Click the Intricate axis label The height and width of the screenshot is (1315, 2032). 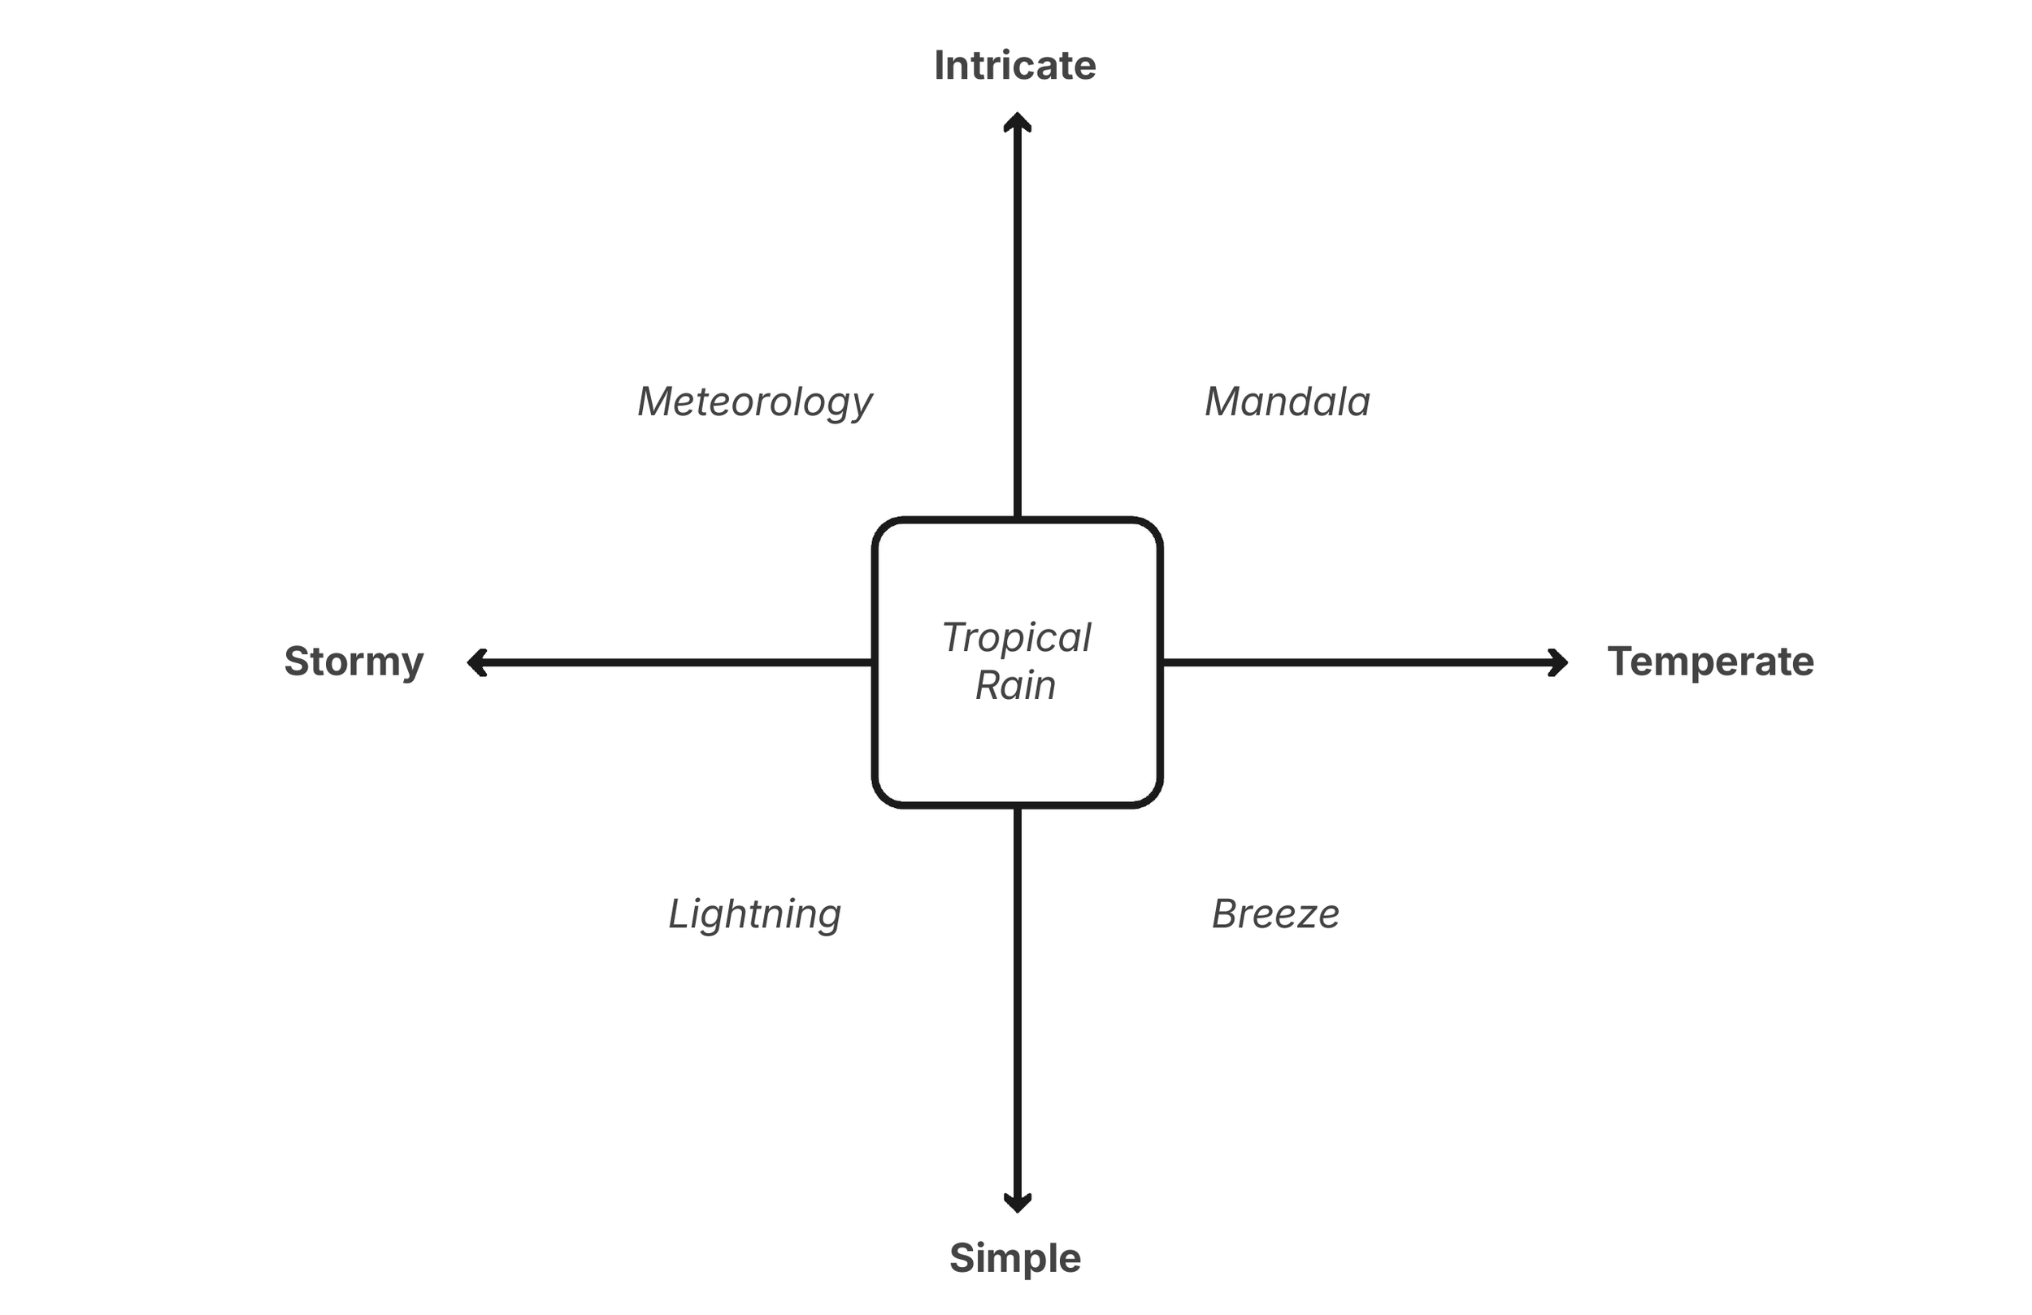pyautogui.click(x=1014, y=66)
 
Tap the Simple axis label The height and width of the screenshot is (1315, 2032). pyautogui.click(x=1015, y=1258)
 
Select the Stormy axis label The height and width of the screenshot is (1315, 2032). pyautogui.click(x=354, y=662)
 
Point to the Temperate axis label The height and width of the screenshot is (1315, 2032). pyautogui.click(x=1710, y=662)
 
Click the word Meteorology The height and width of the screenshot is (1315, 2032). pyautogui.click(x=755, y=401)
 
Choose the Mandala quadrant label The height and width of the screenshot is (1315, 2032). pyautogui.click(x=1287, y=401)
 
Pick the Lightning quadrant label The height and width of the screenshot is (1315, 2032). pyautogui.click(x=755, y=914)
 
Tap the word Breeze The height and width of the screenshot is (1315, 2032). pyautogui.click(x=1275, y=914)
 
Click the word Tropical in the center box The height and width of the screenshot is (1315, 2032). pyautogui.click(x=1016, y=637)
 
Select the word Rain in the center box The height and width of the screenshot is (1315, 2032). pyautogui.click(x=1015, y=685)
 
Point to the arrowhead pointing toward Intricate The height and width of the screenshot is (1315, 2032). pyautogui.click(x=1017, y=122)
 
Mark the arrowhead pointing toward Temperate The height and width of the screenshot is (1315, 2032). pyautogui.click(x=1558, y=662)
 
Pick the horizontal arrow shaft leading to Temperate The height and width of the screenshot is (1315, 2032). pyautogui.click(x=1357, y=662)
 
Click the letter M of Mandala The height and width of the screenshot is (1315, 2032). pyautogui.click(x=1222, y=401)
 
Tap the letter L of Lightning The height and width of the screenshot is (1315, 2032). pyautogui.click(x=678, y=914)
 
